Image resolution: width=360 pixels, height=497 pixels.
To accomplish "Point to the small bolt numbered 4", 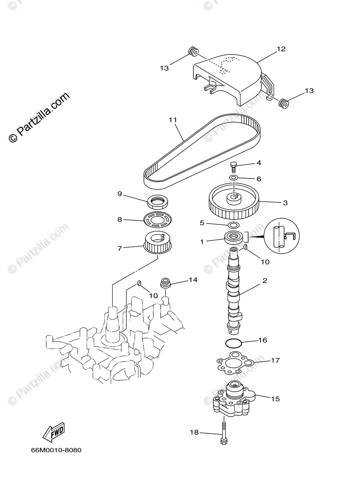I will [x=233, y=166].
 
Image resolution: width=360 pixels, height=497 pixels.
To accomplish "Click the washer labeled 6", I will [x=234, y=179].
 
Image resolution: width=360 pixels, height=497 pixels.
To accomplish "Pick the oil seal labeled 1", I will [x=234, y=238].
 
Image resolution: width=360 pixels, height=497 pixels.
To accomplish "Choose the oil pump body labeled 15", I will [x=234, y=400].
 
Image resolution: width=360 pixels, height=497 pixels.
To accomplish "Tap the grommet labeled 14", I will [x=166, y=285].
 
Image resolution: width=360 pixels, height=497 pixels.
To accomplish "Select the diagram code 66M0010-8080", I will [x=56, y=450].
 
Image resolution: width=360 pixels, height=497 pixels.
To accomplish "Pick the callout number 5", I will [x=202, y=223].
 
